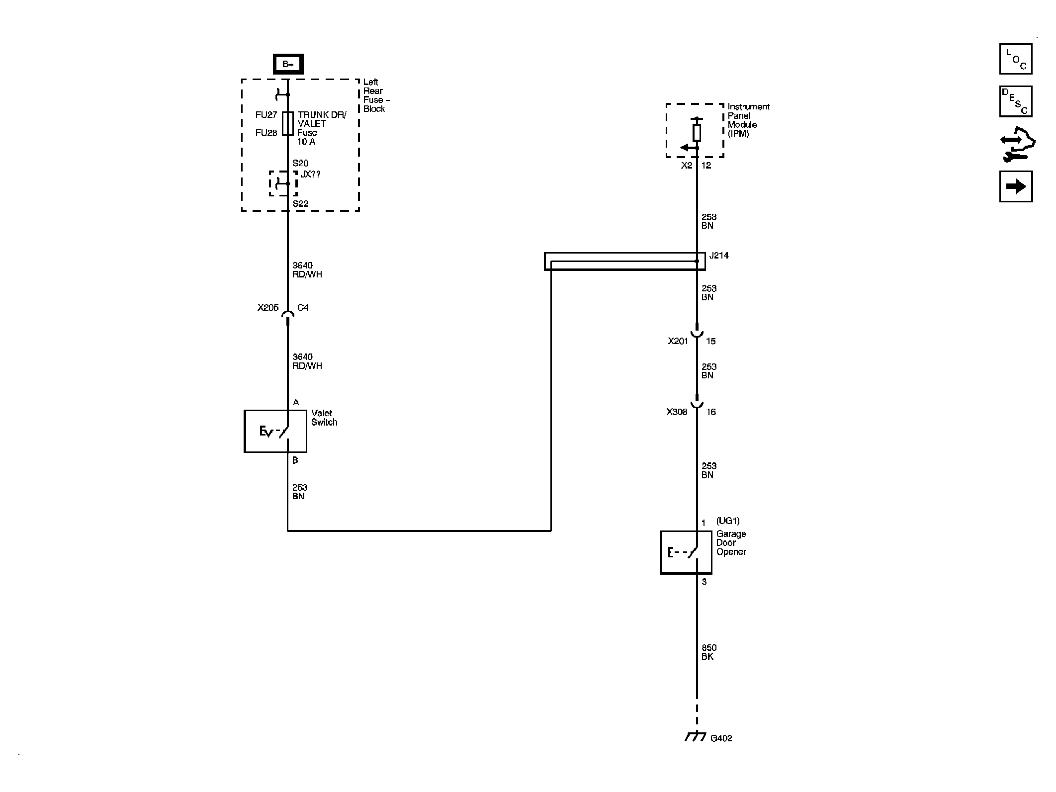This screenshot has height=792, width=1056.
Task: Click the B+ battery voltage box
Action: click(x=288, y=64)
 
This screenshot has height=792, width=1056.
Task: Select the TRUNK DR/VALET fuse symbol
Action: click(x=288, y=123)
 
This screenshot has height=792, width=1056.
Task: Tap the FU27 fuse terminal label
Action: click(x=266, y=115)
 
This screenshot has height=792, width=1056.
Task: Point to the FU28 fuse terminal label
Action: click(x=266, y=133)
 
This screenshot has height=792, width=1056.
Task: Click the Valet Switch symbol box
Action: click(x=275, y=431)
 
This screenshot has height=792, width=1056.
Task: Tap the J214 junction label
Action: click(x=719, y=256)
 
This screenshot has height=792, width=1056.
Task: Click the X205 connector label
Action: click(x=267, y=308)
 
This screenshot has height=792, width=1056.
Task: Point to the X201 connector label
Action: click(x=678, y=341)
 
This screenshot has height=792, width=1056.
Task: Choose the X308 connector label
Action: click(x=677, y=412)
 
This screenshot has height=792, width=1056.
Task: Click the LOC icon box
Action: click(x=1015, y=59)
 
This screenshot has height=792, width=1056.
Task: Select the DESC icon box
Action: click(x=1015, y=101)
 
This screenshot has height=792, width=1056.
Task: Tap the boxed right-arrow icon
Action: click(x=1015, y=186)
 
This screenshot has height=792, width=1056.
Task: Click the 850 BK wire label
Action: click(x=708, y=652)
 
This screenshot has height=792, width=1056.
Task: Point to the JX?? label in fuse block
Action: click(x=310, y=175)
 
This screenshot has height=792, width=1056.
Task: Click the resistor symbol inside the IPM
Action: click(x=697, y=133)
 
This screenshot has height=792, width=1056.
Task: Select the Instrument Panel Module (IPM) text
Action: click(x=748, y=120)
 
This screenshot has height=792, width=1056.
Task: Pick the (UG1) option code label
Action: click(x=728, y=521)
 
